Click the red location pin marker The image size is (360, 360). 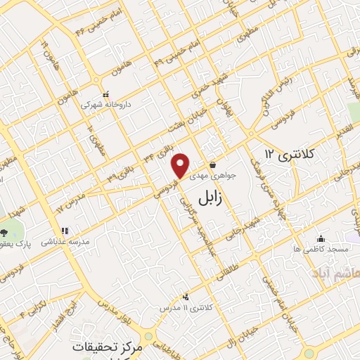(x=181, y=165)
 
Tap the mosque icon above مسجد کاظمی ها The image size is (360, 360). (x=321, y=238)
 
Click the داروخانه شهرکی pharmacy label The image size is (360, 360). (x=105, y=105)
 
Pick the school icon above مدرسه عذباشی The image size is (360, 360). (x=64, y=230)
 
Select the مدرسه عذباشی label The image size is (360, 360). (x=64, y=240)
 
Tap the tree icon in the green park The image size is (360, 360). (x=4, y=231)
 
